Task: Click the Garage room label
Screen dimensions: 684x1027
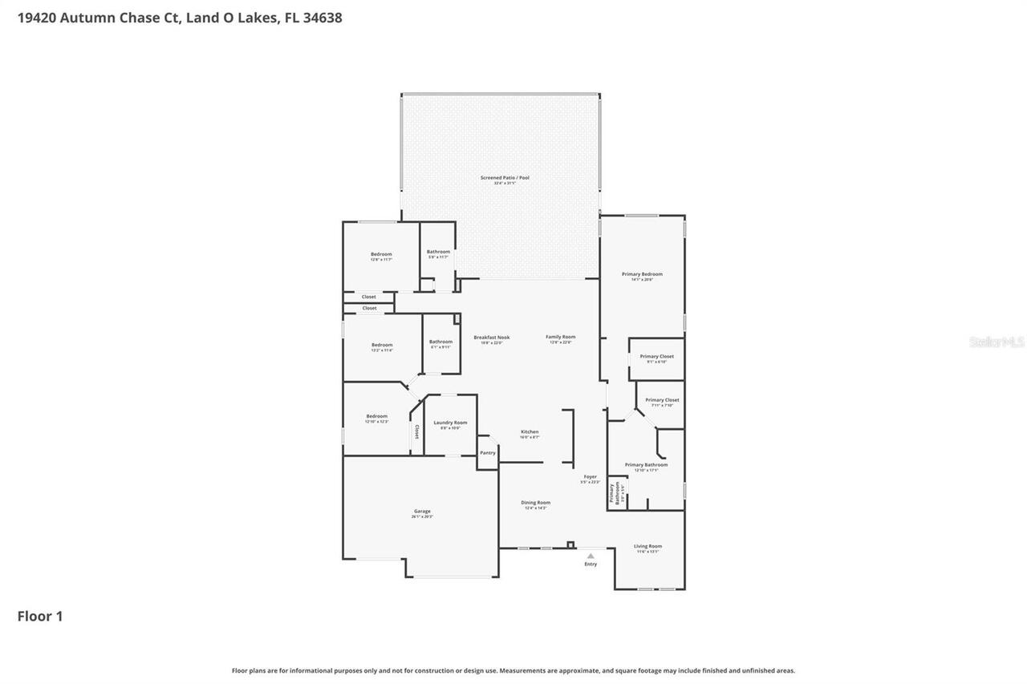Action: click(x=422, y=512)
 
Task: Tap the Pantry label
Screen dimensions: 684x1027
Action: click(x=488, y=453)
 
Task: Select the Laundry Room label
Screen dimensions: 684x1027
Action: click(x=450, y=423)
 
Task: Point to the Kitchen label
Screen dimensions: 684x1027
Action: click(x=530, y=432)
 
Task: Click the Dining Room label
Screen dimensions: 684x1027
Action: click(x=536, y=503)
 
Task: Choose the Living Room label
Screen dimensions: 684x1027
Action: click(x=647, y=547)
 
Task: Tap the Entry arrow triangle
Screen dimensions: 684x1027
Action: click(x=591, y=556)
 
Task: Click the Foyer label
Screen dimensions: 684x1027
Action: click(x=590, y=477)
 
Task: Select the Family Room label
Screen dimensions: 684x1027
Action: click(x=561, y=337)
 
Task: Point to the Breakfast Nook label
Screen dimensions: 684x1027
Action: click(x=492, y=338)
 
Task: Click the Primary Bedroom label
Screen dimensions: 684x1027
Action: click(x=642, y=274)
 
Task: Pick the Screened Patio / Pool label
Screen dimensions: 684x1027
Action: click(x=505, y=178)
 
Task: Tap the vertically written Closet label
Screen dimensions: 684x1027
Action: click(x=416, y=432)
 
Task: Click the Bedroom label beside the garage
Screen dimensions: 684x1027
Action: click(x=377, y=416)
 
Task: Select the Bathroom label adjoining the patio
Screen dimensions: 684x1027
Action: click(x=438, y=252)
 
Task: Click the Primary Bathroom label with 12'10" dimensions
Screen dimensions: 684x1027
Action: click(x=646, y=465)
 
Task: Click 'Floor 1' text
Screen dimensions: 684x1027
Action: click(x=40, y=616)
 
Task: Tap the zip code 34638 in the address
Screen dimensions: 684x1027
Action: click(x=319, y=17)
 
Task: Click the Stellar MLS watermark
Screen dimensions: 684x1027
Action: click(x=997, y=342)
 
